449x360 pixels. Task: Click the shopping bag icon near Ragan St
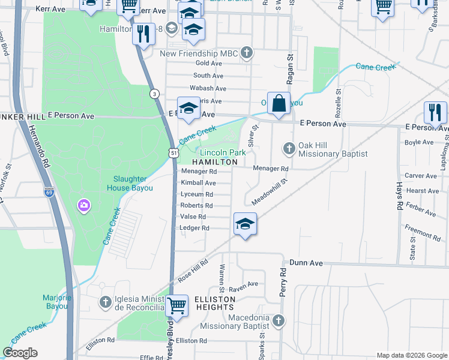pyautogui.click(x=279, y=103)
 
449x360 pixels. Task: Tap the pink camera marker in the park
pyautogui.click(x=83, y=206)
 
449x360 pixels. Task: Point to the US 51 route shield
pyautogui.click(x=173, y=154)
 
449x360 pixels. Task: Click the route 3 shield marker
pyautogui.click(x=154, y=94)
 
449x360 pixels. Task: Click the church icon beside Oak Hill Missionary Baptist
pyautogui.click(x=289, y=148)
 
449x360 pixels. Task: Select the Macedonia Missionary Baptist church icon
pyautogui.click(x=278, y=320)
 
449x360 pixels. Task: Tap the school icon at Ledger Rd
pyautogui.click(x=245, y=224)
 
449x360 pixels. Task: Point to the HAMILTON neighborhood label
pyautogui.click(x=215, y=162)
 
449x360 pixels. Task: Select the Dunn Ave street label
pyautogui.click(x=306, y=263)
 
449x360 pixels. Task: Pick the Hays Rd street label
pyautogui.click(x=399, y=196)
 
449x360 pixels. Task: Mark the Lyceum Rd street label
pyautogui.click(x=197, y=194)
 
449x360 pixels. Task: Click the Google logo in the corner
pyautogui.click(x=20, y=353)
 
